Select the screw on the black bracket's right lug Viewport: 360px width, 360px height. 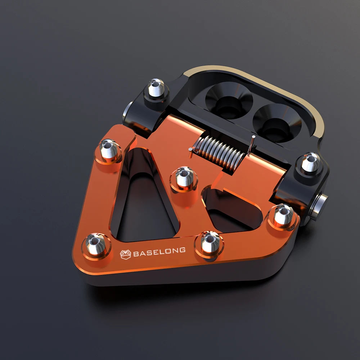point(310,163)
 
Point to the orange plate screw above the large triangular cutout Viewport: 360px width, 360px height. point(109,150)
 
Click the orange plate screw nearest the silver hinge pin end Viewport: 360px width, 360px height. point(282,215)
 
